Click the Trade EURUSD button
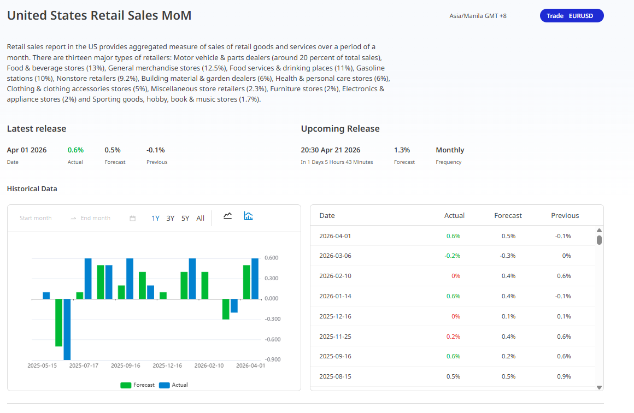pos(571,16)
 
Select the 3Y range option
pos(171,218)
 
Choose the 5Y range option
pos(185,218)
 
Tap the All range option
pos(201,218)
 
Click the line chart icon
pos(228,216)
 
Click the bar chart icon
pos(249,216)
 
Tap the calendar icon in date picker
pos(132,218)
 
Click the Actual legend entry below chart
pos(174,385)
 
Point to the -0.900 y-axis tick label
pos(272,359)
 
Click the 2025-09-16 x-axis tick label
pos(125,365)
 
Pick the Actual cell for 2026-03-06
pos(453,256)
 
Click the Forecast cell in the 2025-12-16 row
pos(508,316)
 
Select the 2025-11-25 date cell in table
pos(335,337)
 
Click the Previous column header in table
pos(565,215)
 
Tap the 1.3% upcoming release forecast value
pos(402,150)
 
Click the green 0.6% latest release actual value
pos(75,150)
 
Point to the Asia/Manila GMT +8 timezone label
pos(478,16)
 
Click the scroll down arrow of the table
pos(599,387)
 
